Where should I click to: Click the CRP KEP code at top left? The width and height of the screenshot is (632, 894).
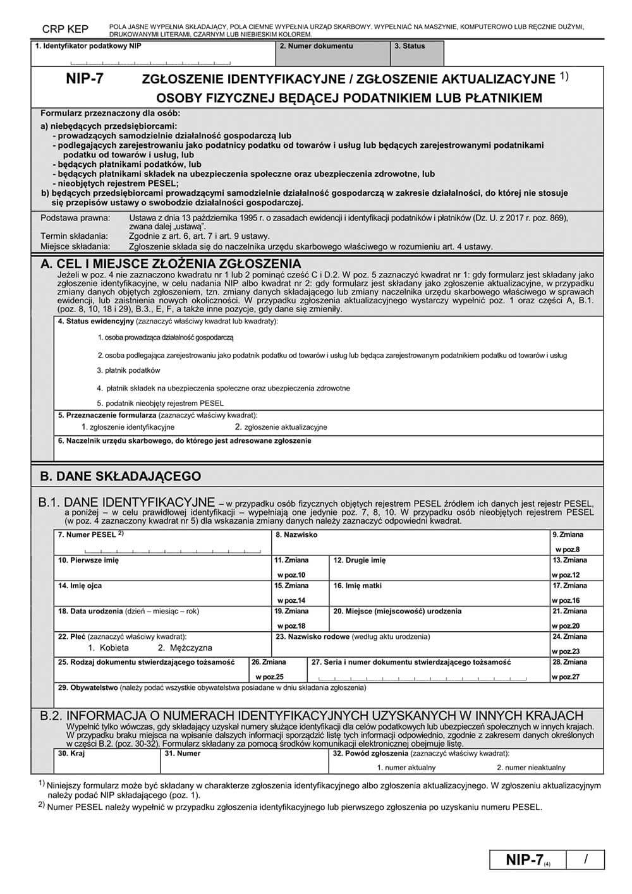pos(65,29)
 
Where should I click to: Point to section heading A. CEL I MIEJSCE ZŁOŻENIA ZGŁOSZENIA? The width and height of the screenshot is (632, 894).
pos(170,263)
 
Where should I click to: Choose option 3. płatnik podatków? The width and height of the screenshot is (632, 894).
pos(129,370)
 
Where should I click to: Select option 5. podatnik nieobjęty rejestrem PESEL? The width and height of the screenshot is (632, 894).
pos(161,403)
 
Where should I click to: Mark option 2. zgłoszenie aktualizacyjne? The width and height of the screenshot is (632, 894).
pos(276,427)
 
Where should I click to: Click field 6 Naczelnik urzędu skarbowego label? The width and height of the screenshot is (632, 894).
pos(185,441)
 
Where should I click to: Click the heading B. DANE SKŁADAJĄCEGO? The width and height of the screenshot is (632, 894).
pos(120,476)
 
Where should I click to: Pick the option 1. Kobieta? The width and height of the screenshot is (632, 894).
pos(108,648)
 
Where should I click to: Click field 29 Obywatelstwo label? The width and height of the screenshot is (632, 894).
pos(212,687)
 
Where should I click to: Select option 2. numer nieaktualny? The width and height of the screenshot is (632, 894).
pos(531,768)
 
